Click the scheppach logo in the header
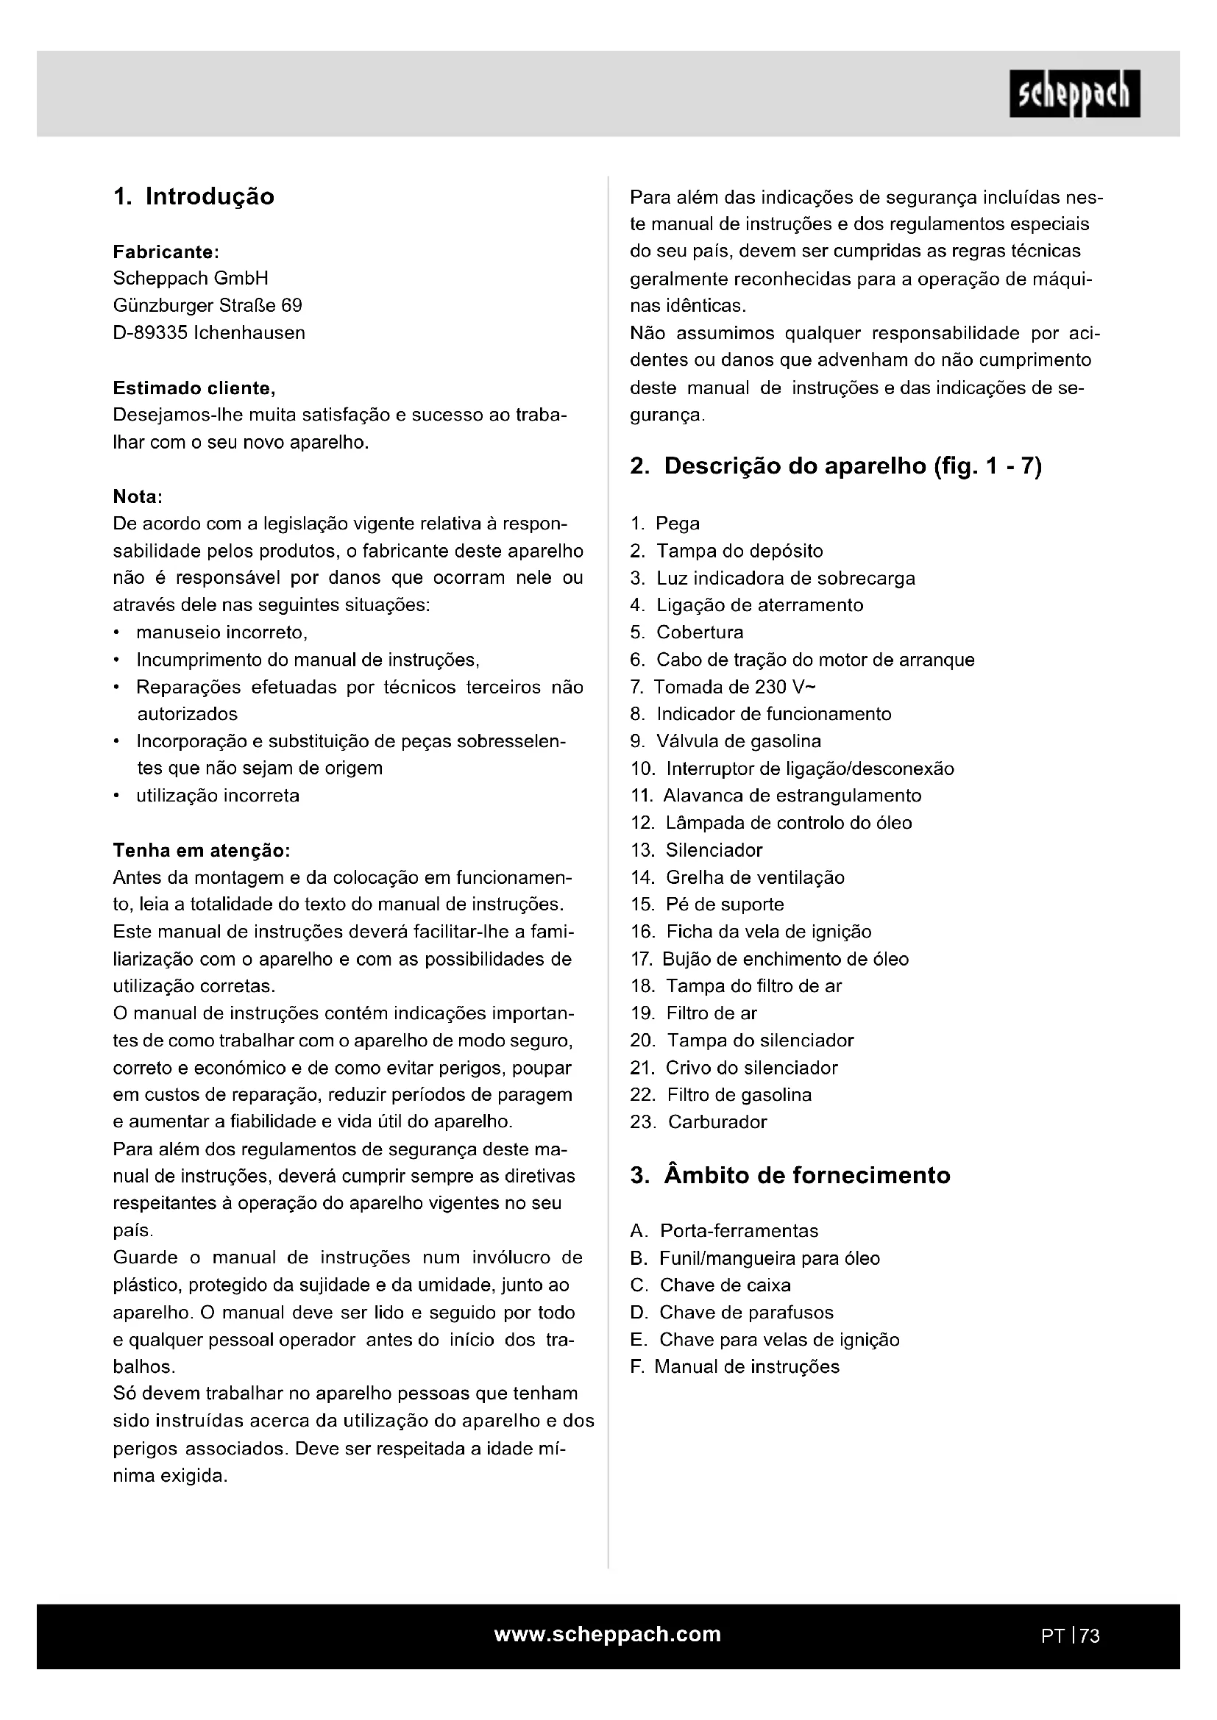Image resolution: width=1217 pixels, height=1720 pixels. (x=1074, y=93)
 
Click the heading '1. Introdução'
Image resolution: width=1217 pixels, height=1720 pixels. (x=194, y=196)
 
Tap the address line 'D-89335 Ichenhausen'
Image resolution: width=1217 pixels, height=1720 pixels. (x=209, y=332)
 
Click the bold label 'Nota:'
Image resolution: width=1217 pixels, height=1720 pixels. (x=138, y=496)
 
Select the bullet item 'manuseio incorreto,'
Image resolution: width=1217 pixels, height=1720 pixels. (x=221, y=632)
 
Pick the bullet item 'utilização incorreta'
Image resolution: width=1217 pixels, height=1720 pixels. (x=217, y=796)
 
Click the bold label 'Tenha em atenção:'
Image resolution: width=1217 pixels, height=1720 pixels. (x=201, y=850)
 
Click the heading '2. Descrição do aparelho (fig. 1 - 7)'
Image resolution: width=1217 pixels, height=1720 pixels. (x=836, y=466)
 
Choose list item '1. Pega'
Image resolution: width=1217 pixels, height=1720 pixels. (x=665, y=524)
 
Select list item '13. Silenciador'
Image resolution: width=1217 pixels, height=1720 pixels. (x=696, y=850)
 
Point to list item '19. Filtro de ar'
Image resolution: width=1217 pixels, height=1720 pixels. (x=694, y=1013)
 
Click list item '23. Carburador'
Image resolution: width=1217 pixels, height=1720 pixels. (x=699, y=1122)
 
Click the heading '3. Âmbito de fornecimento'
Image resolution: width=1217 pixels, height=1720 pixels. (x=790, y=1175)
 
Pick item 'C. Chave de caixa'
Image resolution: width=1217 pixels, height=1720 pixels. (x=711, y=1285)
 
